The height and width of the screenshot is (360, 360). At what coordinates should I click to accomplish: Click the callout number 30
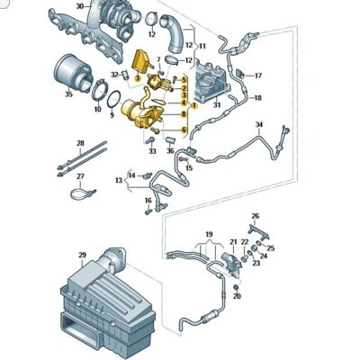(x=80, y=6)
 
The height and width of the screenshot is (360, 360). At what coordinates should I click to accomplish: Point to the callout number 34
(x=258, y=123)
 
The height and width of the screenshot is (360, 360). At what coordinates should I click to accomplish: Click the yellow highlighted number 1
(x=191, y=104)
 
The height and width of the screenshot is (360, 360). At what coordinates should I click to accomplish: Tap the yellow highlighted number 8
(x=184, y=115)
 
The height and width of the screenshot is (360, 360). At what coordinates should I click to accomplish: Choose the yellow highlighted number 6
(x=184, y=130)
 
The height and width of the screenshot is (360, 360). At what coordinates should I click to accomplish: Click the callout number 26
(x=256, y=215)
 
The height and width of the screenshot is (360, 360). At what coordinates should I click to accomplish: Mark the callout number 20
(x=236, y=296)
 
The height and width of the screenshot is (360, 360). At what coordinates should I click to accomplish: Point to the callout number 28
(x=79, y=143)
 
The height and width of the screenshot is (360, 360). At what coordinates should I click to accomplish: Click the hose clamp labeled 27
(x=82, y=193)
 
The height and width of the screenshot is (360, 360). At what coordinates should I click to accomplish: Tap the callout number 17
(x=257, y=75)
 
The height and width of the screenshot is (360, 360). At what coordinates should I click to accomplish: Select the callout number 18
(x=257, y=97)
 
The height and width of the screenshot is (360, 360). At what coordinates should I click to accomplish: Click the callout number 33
(x=152, y=151)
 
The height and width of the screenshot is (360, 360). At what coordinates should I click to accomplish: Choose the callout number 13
(x=117, y=181)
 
